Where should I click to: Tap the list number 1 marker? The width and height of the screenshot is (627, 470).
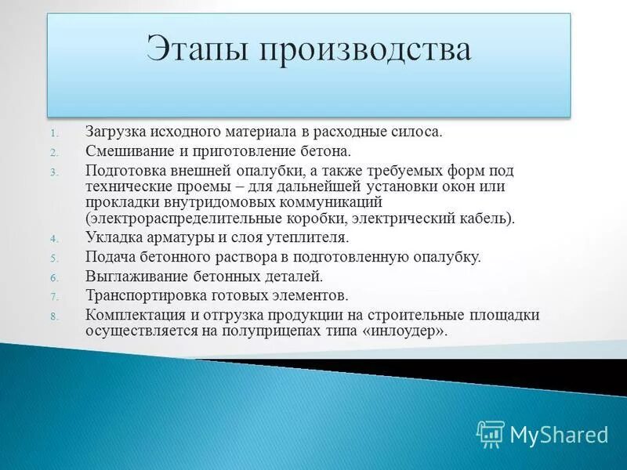55,132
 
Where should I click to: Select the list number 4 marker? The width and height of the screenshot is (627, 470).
55,239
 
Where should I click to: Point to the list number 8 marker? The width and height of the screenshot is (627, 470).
55,316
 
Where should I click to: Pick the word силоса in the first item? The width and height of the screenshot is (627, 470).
419,131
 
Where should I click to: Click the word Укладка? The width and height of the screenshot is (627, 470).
112,237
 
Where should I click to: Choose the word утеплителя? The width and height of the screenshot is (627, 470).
305,237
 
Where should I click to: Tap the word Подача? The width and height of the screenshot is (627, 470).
109,257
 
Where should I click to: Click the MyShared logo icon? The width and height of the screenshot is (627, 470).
490,434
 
